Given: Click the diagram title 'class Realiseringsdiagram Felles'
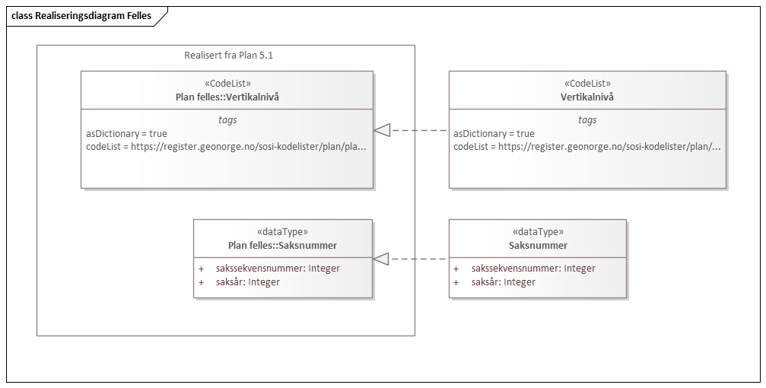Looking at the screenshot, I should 81,16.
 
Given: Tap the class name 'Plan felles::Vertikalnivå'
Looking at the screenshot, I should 227,97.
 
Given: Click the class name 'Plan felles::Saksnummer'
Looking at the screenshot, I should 282,245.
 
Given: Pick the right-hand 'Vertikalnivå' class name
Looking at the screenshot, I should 587,97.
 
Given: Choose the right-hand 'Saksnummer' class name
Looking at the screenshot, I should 538,245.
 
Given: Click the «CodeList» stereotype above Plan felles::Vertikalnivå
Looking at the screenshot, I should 227,84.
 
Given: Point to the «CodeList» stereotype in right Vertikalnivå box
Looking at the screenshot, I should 587,84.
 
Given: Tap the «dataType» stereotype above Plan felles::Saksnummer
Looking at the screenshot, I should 282,232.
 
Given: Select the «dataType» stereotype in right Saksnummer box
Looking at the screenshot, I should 538,232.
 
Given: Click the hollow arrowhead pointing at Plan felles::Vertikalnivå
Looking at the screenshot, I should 382,131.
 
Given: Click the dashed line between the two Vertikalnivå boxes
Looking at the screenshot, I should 419,131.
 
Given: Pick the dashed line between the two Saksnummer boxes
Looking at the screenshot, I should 419,259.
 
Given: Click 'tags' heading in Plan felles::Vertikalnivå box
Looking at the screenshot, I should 227,119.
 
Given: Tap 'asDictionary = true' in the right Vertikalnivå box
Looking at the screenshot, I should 494,133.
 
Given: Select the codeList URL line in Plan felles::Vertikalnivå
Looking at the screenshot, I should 226,146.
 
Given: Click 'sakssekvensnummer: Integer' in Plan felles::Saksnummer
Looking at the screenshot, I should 278,268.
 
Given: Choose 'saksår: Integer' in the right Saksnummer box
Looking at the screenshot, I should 503,281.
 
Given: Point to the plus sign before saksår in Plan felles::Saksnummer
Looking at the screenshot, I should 202,281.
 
